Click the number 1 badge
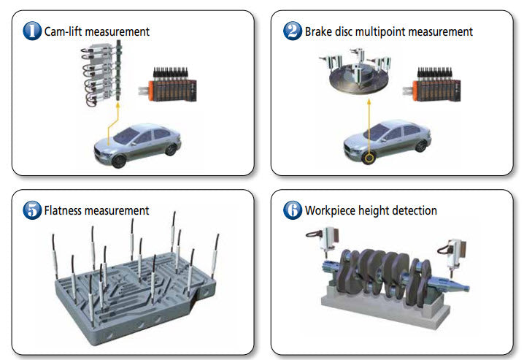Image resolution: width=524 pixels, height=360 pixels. (x=32, y=31)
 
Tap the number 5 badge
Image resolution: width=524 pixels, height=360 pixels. (x=32, y=210)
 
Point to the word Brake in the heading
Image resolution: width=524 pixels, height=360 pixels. (x=319, y=31)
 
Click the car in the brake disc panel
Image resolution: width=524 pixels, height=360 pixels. (x=386, y=142)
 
